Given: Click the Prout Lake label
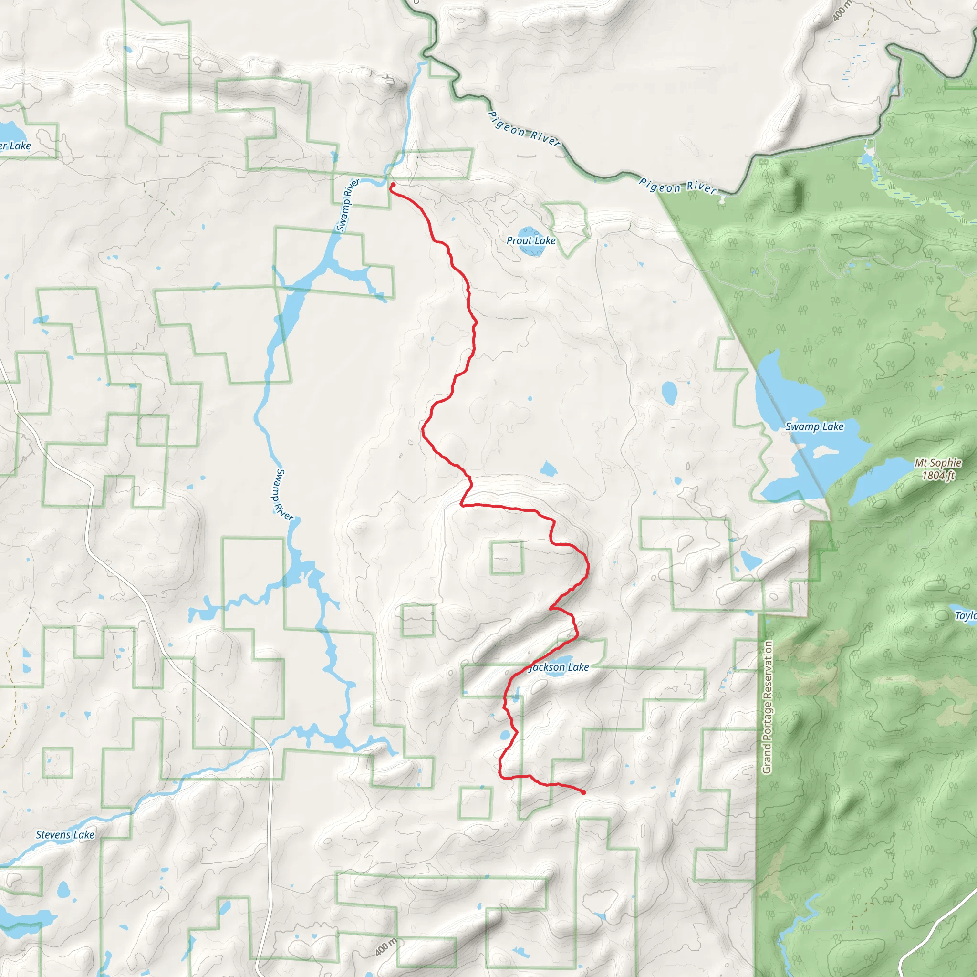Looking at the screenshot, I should (x=531, y=241).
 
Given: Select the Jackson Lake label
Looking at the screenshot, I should (x=559, y=667).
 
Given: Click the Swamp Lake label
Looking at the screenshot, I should (x=814, y=426).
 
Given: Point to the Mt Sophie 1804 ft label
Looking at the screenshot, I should (x=938, y=469).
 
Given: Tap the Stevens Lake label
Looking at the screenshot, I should (x=65, y=835).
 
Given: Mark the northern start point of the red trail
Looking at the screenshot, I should (x=393, y=185).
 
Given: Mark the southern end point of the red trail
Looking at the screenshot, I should (x=583, y=792).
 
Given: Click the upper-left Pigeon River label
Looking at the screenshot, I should (x=524, y=129).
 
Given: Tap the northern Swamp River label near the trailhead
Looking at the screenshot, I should (x=347, y=205).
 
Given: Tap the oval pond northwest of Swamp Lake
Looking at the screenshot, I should (x=669, y=393).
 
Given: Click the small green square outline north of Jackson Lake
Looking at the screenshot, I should (x=506, y=558).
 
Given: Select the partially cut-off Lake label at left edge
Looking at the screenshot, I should (x=15, y=146).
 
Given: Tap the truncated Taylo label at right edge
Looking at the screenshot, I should (x=965, y=615).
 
